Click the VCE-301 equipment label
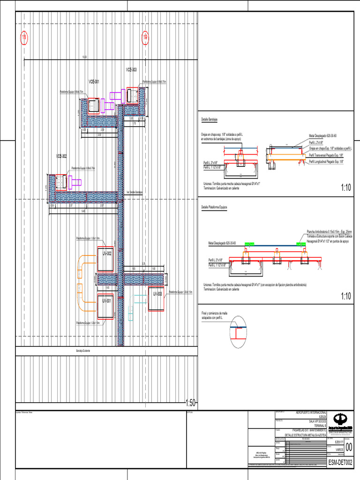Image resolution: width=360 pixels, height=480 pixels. coord(94,82)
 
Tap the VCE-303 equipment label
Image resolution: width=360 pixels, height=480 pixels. coord(131,69)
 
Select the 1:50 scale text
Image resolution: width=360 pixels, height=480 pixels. coord(191,403)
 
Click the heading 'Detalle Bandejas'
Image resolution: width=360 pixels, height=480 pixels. coord(210,120)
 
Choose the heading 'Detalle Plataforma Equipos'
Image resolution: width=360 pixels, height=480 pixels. coord(214,207)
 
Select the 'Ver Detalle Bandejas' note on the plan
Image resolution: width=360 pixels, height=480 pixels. coord(134,192)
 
